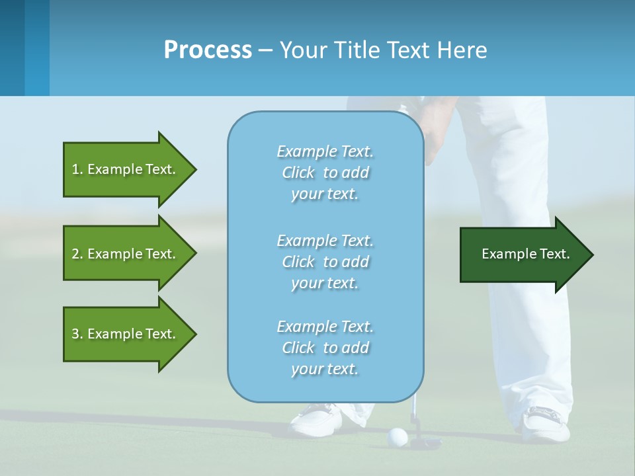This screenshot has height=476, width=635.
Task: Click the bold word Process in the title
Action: coord(208,50)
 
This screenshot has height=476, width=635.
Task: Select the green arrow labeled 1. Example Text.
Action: coord(126,169)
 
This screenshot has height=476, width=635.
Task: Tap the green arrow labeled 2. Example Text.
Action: coord(126,254)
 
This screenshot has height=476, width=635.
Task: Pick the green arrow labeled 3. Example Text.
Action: coord(126,334)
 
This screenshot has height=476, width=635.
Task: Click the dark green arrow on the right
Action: coord(523,255)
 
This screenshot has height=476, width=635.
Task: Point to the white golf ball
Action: coord(397,436)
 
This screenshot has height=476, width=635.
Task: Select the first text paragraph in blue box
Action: coord(325,173)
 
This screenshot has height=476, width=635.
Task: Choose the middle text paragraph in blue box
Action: coord(325,262)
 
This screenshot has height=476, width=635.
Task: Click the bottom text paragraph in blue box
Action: coord(325,348)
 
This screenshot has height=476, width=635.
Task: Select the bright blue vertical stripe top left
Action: coord(37,48)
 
